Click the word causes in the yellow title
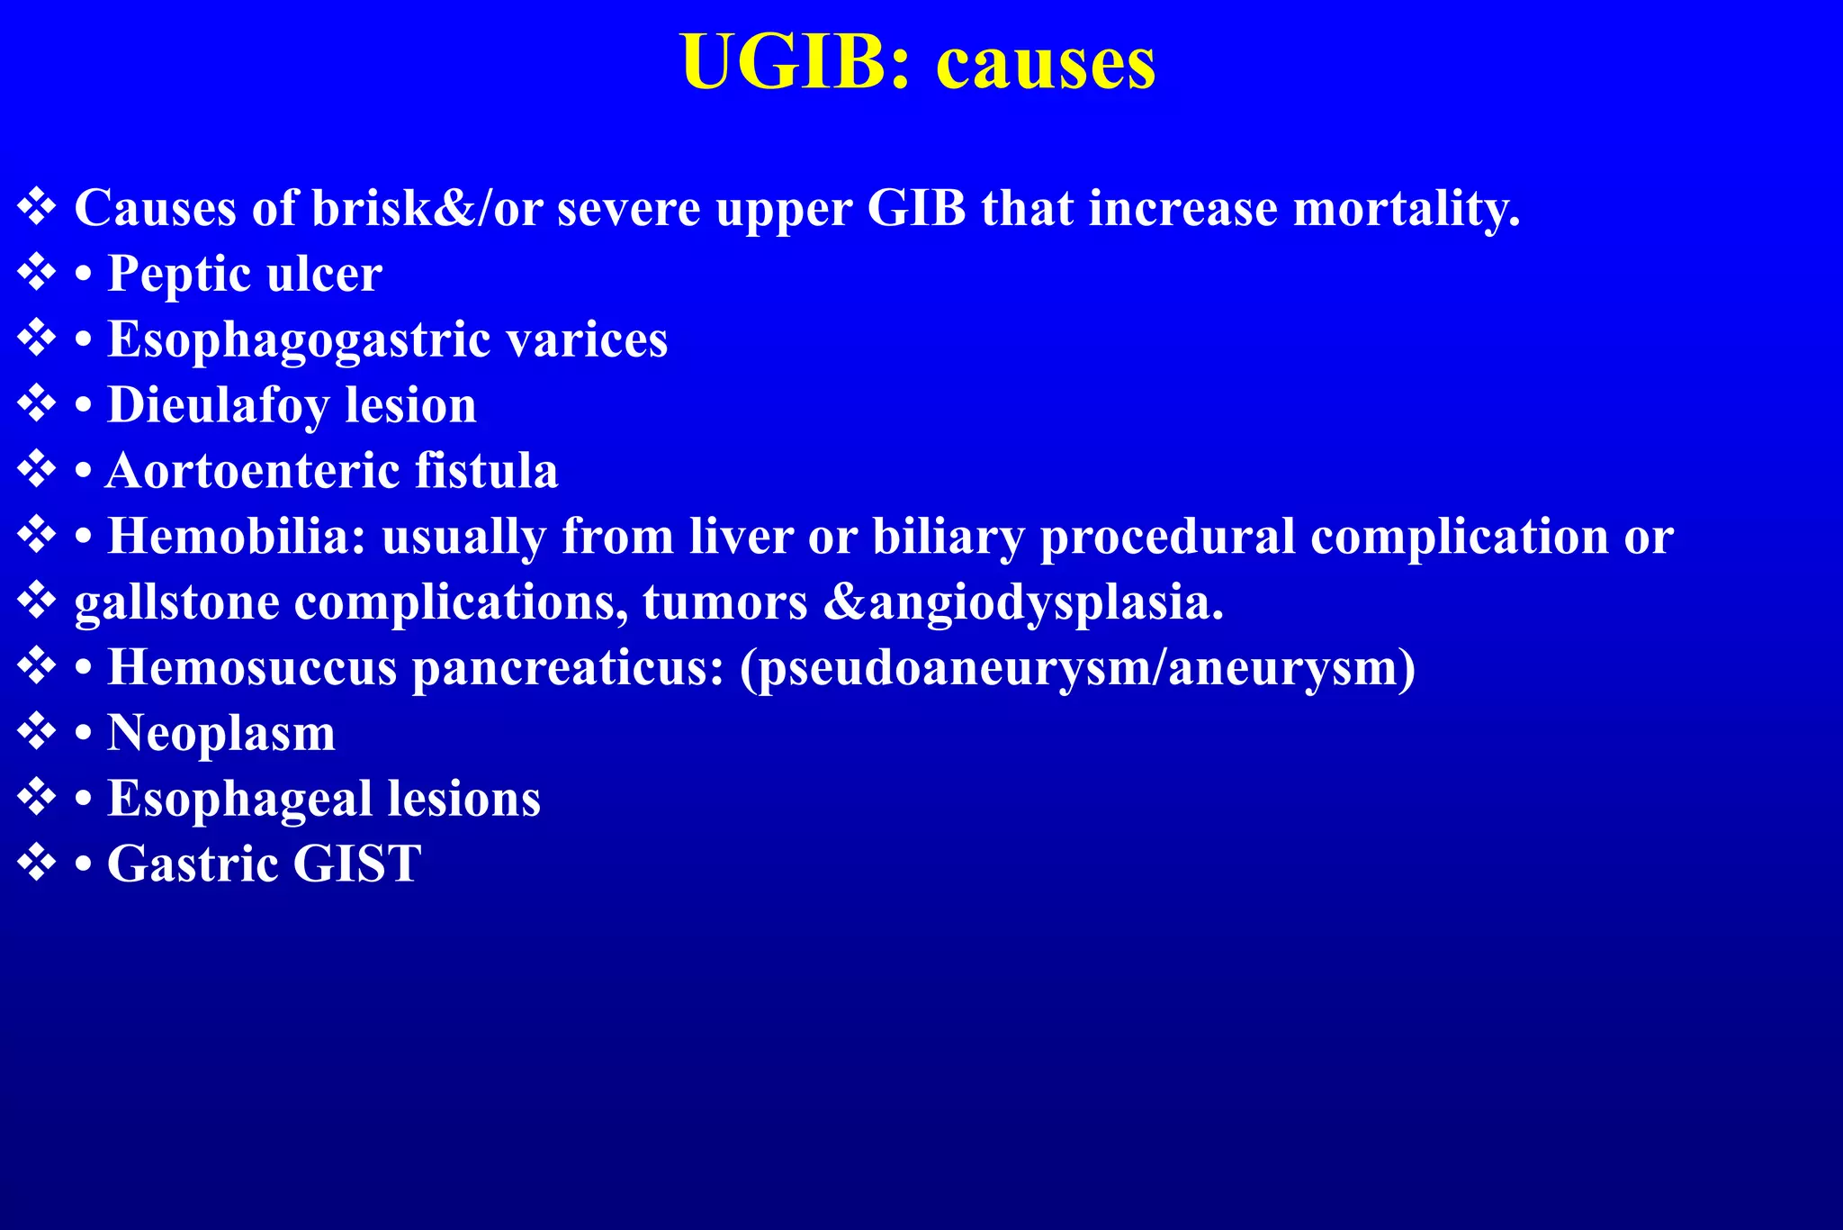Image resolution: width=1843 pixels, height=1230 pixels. click(x=1046, y=65)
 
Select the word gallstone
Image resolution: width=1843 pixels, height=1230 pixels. click(x=176, y=602)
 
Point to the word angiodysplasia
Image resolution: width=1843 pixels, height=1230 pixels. click(x=1044, y=602)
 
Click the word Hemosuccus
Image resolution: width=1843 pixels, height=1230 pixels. click(x=252, y=668)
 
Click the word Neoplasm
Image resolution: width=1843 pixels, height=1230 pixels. click(x=221, y=733)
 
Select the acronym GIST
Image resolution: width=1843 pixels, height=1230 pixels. click(x=356, y=864)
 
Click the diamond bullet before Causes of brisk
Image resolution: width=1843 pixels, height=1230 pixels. click(x=37, y=207)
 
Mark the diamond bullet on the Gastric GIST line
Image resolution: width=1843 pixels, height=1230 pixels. click(x=37, y=863)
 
